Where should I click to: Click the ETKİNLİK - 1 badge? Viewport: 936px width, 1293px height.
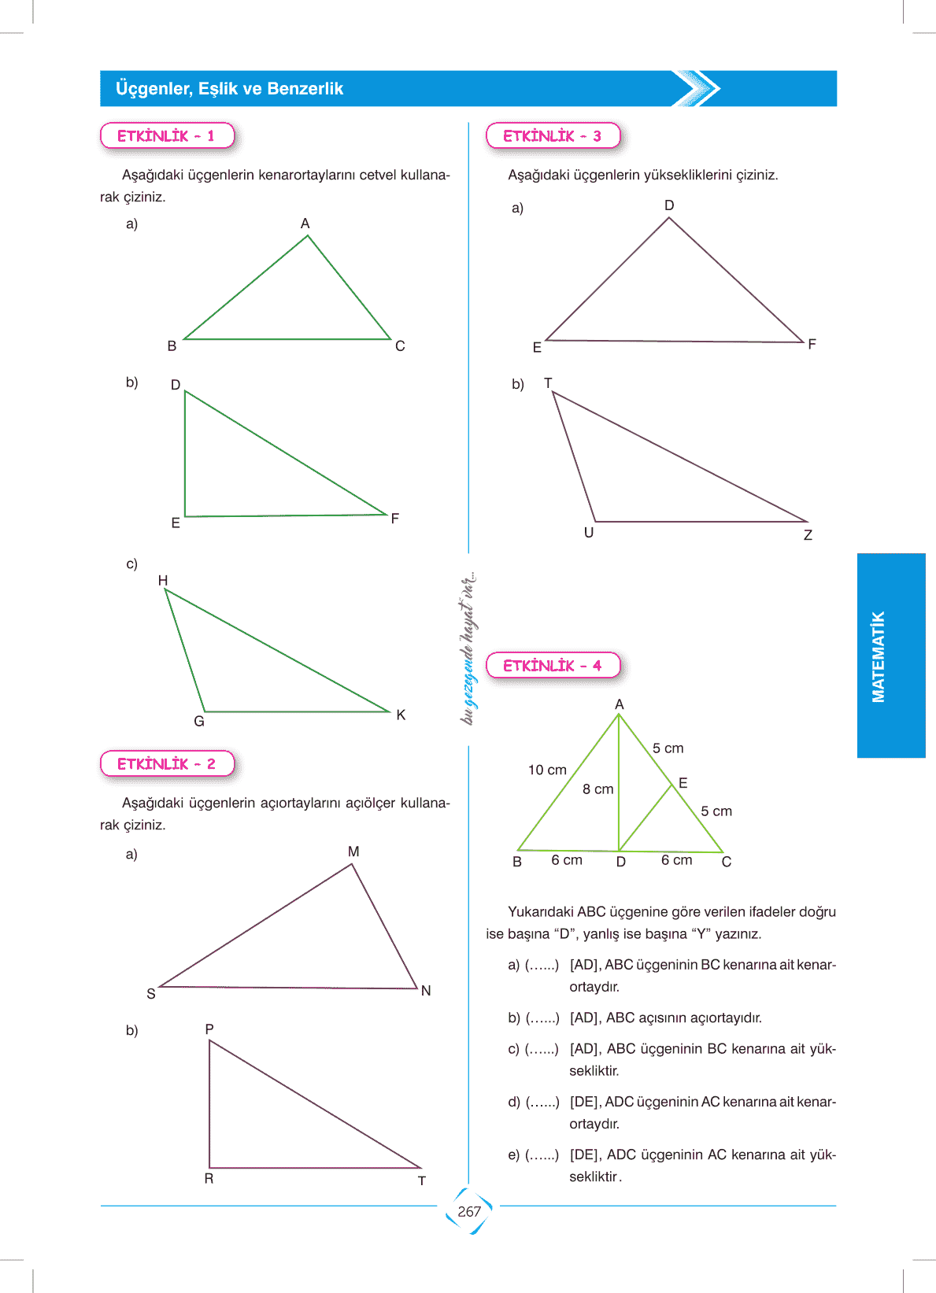coord(167,136)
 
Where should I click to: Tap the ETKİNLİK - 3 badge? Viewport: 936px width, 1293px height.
coord(553,136)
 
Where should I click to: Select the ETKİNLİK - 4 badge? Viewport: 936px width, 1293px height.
coord(553,666)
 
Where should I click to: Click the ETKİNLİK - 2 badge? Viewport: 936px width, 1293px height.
coord(167,764)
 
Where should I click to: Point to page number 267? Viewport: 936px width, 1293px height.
coord(469,1212)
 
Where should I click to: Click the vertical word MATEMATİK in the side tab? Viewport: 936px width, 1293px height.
coord(879,656)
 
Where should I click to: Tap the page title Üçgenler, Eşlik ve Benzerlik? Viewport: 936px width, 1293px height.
coord(229,89)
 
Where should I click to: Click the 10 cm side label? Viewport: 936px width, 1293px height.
coord(547,770)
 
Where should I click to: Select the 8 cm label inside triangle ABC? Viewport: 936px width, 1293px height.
coord(597,789)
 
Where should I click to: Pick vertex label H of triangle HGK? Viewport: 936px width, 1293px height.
coord(163,581)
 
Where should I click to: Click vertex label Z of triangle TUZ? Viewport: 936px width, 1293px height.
coord(808,535)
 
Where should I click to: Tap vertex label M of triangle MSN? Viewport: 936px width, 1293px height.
coord(353,852)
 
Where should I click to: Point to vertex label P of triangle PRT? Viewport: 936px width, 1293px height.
coord(209,1029)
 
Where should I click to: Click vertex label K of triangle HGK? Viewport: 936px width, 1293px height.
coord(401,715)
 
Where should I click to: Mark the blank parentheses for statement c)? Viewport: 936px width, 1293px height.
coord(542,1049)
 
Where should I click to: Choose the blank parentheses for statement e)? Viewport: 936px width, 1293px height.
coord(542,1155)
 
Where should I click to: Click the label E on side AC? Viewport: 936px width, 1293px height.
coord(683,783)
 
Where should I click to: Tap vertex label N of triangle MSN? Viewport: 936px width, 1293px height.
coord(426,991)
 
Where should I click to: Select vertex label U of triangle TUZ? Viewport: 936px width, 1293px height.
coord(589,533)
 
